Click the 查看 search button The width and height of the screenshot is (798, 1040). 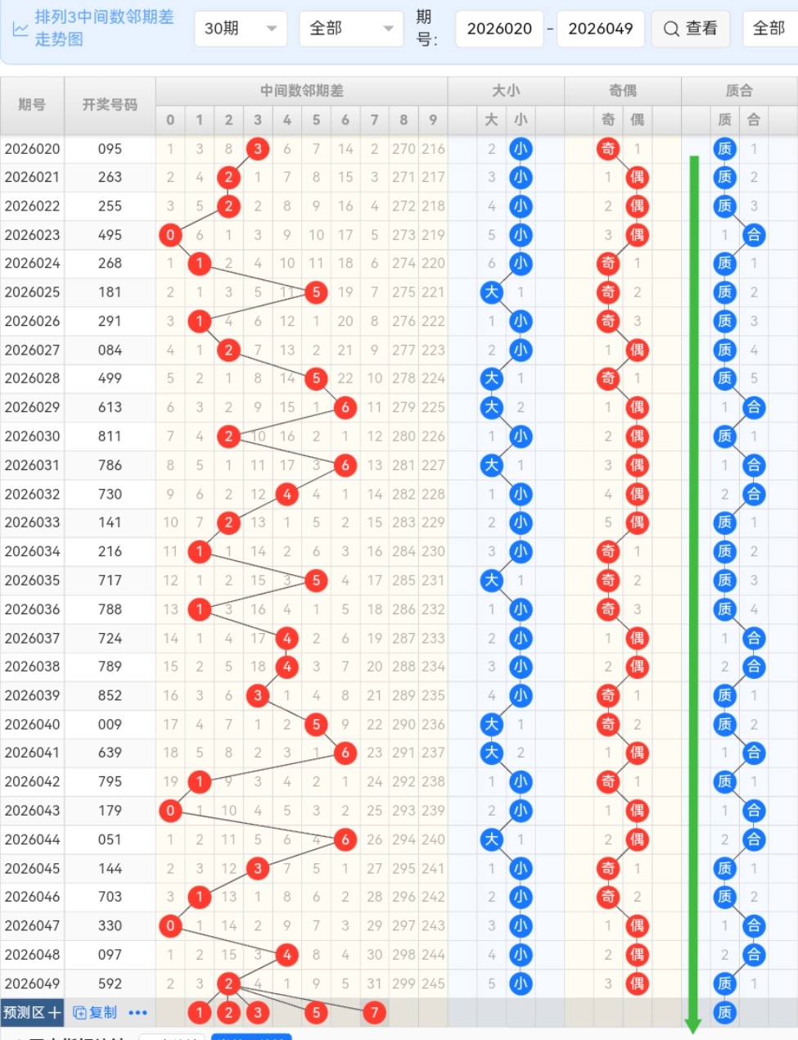(690, 29)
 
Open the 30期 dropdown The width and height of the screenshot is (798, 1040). (241, 29)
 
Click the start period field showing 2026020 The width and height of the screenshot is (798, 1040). (499, 29)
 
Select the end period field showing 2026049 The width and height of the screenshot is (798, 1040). (600, 29)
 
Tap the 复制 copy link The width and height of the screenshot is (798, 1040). (95, 1012)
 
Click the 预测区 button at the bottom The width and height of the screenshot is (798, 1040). (32, 1012)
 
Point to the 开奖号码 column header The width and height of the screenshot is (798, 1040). (110, 105)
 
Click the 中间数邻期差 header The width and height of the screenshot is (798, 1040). (301, 91)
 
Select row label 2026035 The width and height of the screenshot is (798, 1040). (33, 580)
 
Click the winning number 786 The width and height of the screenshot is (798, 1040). (110, 465)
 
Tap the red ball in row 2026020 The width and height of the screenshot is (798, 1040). (258, 149)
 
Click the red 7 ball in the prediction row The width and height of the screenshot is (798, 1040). (374, 1012)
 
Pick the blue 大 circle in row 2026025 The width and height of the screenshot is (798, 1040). (491, 292)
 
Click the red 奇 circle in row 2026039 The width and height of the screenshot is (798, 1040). (608, 695)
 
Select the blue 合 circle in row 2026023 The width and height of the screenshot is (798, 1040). (754, 235)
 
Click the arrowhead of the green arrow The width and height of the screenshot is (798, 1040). (693, 1025)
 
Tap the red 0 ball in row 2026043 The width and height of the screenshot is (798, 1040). (170, 811)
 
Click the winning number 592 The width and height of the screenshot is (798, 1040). (110, 983)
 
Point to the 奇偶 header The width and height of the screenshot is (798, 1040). (622, 91)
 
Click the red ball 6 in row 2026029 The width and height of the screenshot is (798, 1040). (345, 407)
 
